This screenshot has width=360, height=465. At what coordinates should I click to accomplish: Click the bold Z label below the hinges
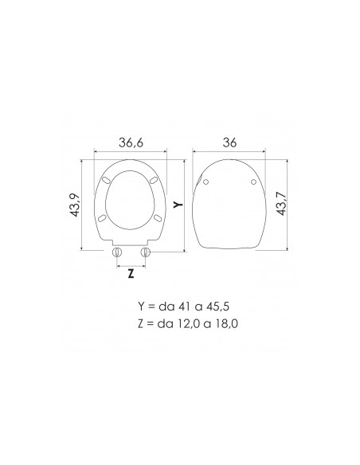tap(131, 272)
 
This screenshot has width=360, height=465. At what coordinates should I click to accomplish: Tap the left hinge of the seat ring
tap(118, 252)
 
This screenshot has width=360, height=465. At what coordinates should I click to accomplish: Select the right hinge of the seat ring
tap(145, 252)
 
